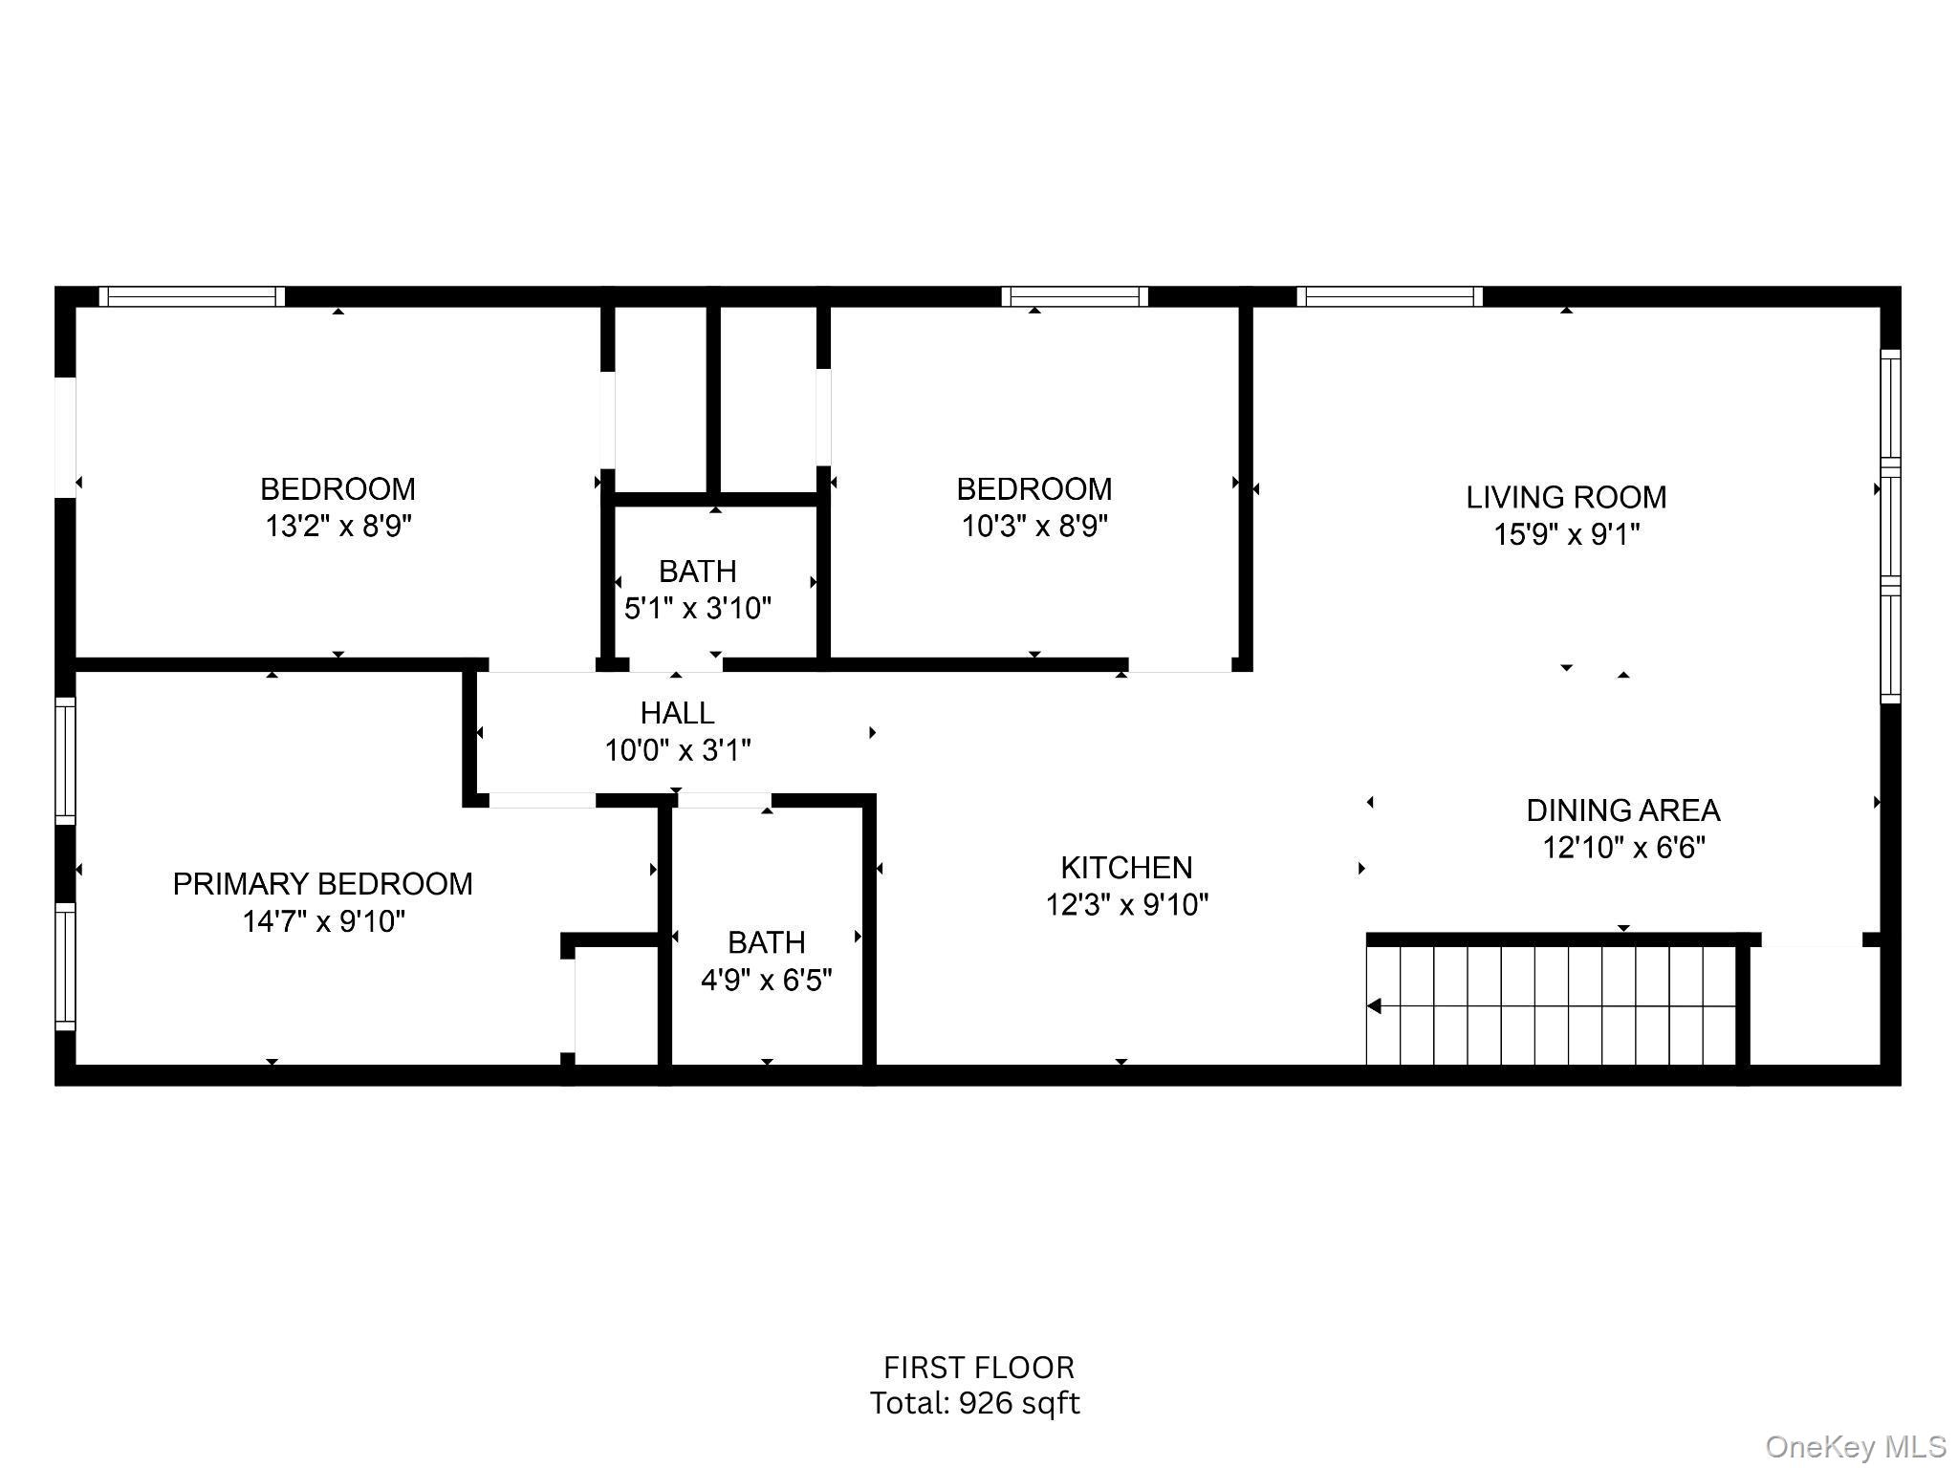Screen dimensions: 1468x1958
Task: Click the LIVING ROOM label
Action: click(x=1566, y=497)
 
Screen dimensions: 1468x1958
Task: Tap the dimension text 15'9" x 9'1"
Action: click(x=1566, y=534)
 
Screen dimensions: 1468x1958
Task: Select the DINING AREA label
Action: click(x=1622, y=810)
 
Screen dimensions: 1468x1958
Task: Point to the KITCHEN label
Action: click(x=1126, y=868)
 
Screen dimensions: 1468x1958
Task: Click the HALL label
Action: click(x=677, y=713)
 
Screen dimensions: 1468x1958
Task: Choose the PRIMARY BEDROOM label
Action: click(x=322, y=884)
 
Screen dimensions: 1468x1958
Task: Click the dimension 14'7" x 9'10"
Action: click(x=323, y=921)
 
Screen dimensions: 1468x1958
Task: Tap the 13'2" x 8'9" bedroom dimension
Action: click(x=337, y=527)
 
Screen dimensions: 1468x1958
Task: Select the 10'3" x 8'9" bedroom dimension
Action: click(x=1033, y=527)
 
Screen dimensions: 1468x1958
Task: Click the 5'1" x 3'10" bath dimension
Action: click(x=697, y=609)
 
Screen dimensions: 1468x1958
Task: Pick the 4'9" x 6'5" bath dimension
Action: click(x=766, y=981)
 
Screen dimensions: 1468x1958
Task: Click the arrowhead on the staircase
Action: click(x=1375, y=1006)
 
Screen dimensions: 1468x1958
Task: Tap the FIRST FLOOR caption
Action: click(x=978, y=1368)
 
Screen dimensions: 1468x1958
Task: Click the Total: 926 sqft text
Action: click(x=974, y=1403)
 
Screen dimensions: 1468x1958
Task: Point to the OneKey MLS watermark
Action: click(x=1855, y=1447)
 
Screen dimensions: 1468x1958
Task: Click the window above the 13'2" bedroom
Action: click(x=191, y=296)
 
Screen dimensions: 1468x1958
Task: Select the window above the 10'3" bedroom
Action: click(x=1075, y=296)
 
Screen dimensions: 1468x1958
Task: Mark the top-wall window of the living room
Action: click(x=1389, y=296)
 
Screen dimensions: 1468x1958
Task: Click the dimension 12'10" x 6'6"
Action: click(x=1622, y=848)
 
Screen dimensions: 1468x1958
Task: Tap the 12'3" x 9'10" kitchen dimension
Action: click(x=1126, y=904)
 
